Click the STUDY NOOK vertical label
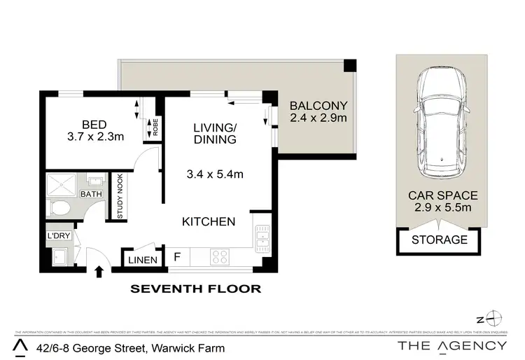coord(120,198)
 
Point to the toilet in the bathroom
coord(60,208)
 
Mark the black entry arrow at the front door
coord(99,270)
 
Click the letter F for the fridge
coord(178,257)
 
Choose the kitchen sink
coord(262,239)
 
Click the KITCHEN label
coord(208,222)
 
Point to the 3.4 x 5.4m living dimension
coord(215,174)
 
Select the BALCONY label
coord(318,106)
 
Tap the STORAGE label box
coord(440,240)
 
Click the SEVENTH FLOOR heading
coord(197,288)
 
